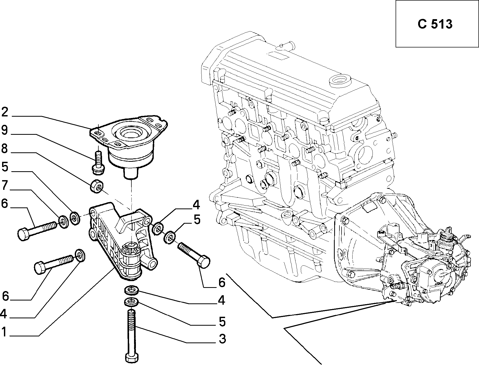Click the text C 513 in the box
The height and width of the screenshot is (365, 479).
[x=435, y=24]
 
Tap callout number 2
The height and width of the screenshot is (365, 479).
[x=5, y=112]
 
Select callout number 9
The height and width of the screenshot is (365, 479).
[x=5, y=130]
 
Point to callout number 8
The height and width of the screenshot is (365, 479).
[x=5, y=149]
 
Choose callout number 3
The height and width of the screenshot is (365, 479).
[x=222, y=339]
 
